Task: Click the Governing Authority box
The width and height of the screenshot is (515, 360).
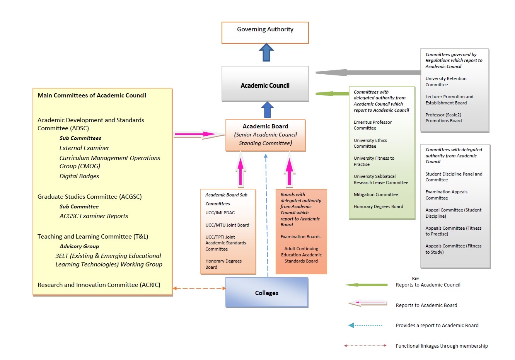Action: point(265,32)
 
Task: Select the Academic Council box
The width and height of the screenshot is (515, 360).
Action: point(265,84)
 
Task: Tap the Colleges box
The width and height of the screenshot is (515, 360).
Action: point(266,292)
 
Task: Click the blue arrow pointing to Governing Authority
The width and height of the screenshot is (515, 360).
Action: point(266,53)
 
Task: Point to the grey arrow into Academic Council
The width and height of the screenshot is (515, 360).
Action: point(367,72)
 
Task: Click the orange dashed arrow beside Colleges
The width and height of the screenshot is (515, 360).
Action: point(199,288)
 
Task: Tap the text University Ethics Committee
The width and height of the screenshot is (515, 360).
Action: point(370,143)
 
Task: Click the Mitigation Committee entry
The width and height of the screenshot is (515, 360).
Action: point(375,195)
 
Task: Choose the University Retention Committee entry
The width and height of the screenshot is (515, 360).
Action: point(446,82)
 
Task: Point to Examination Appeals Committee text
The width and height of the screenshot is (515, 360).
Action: point(446,195)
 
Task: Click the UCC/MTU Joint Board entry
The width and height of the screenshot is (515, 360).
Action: point(227,225)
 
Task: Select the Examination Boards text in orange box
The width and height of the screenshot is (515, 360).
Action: point(300,237)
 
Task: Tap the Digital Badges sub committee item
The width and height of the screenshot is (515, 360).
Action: point(79,176)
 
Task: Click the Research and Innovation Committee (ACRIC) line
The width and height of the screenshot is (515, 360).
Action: point(99,285)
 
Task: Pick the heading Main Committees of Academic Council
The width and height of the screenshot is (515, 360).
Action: point(92,96)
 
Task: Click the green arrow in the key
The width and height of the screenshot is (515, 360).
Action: point(366,285)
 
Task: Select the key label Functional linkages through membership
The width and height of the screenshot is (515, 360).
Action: point(442,346)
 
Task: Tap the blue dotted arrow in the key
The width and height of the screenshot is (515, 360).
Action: point(365,326)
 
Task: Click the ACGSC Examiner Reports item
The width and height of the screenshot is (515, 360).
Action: point(94,216)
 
